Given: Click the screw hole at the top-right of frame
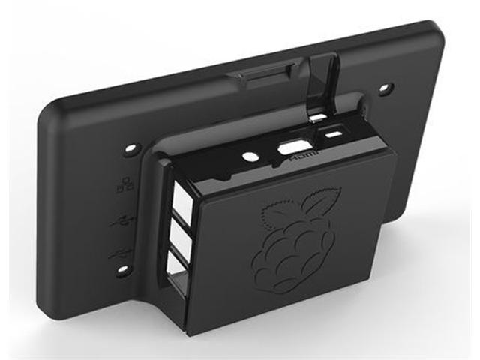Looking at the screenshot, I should [385, 88].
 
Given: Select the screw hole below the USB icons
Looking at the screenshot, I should [121, 271].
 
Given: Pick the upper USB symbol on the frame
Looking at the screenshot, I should [121, 222].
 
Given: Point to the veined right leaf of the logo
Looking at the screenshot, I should [319, 203].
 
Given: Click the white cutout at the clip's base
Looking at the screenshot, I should [318, 118].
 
